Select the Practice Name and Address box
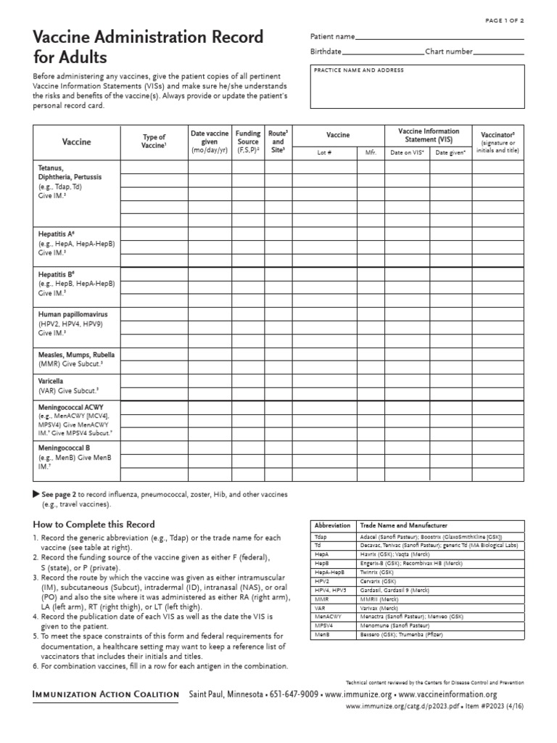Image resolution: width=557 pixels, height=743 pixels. click(416, 87)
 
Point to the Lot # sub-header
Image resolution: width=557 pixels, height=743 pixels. click(323, 152)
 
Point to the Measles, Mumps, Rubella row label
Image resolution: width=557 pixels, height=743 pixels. click(76, 355)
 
